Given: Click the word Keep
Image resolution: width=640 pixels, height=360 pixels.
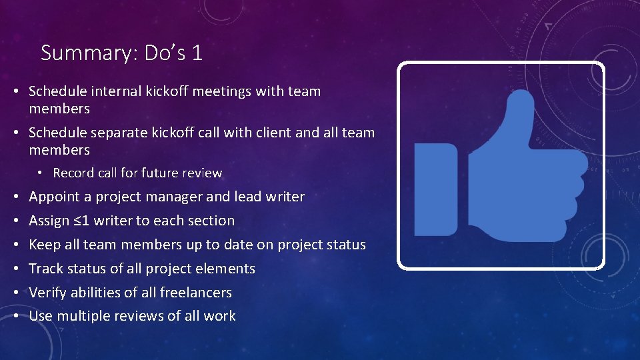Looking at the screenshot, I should [44, 245].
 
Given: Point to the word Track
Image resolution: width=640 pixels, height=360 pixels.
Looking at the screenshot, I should [46, 269].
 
